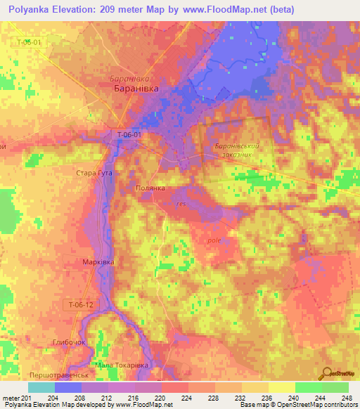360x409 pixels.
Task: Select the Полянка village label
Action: (150, 189)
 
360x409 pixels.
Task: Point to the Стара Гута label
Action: (94, 172)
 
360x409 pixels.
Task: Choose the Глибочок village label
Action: (67, 342)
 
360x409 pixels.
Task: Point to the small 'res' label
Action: (181, 204)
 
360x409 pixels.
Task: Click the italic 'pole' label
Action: (214, 240)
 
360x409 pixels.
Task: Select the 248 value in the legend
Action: (347, 397)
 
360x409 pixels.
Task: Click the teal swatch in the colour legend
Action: (41, 387)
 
